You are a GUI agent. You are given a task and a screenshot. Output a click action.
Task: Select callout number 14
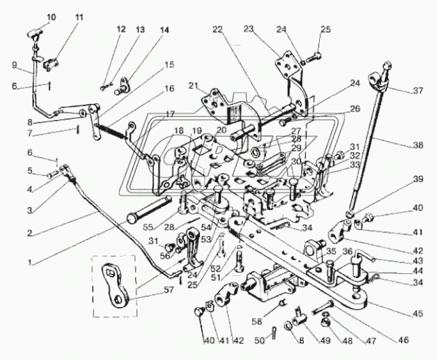coord(165,30)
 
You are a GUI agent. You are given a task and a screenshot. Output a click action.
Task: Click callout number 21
coord(194,85)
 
